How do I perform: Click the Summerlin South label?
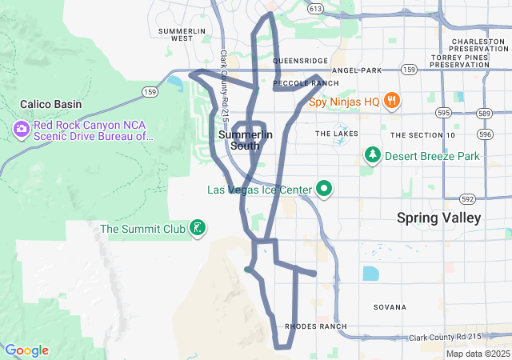click(x=245, y=140)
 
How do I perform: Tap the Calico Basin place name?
click(x=49, y=104)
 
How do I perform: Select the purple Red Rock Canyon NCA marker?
click(x=21, y=129)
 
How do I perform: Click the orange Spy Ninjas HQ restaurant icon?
click(x=392, y=101)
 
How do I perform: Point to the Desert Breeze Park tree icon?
click(x=371, y=155)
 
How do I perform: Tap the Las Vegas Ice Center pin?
click(x=324, y=189)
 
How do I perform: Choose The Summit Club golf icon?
click(x=197, y=230)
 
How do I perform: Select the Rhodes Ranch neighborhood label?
click(x=316, y=326)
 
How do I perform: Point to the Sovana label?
click(x=390, y=307)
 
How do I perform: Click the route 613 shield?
click(x=315, y=9)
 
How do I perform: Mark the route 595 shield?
click(x=444, y=113)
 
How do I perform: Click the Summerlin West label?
click(x=175, y=34)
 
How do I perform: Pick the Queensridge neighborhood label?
click(x=300, y=60)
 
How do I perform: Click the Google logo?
click(x=26, y=350)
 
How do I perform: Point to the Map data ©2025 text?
click(x=478, y=354)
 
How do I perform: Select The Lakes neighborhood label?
click(x=336, y=134)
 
